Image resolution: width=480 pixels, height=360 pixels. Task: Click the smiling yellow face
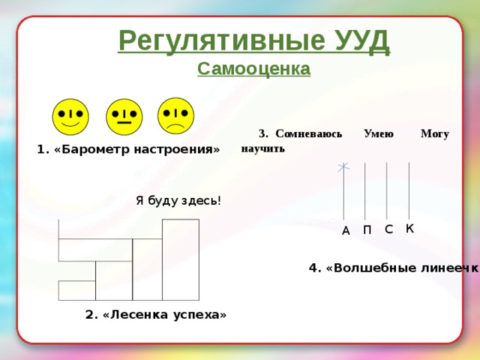[x=70, y=116]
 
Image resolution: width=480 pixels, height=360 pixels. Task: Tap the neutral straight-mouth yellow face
[x=124, y=117]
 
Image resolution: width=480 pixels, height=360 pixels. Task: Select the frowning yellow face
[x=176, y=115]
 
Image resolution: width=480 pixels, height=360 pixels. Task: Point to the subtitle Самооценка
[x=253, y=69]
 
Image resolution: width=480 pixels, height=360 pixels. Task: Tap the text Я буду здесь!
[x=178, y=200]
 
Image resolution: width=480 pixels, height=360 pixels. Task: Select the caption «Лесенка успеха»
[x=156, y=315]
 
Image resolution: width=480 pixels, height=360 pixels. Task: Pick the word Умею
[x=378, y=134]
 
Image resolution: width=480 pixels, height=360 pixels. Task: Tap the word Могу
[x=435, y=134]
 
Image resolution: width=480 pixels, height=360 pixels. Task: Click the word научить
[x=262, y=148]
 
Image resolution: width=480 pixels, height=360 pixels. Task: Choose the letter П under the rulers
[x=367, y=230]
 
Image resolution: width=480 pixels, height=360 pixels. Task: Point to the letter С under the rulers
[x=388, y=229]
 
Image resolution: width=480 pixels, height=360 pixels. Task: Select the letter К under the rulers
[x=409, y=228]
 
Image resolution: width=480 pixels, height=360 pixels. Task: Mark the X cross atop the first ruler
[x=343, y=166]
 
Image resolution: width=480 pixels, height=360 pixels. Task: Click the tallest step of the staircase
[x=180, y=259]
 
